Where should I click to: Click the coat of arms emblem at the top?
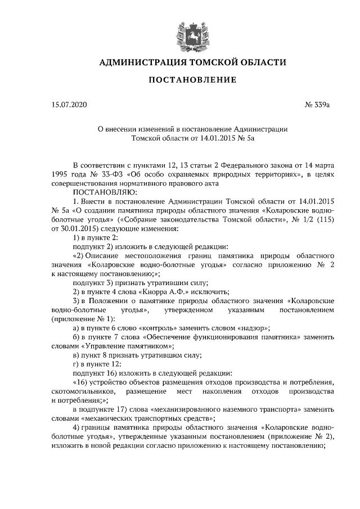185,32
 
